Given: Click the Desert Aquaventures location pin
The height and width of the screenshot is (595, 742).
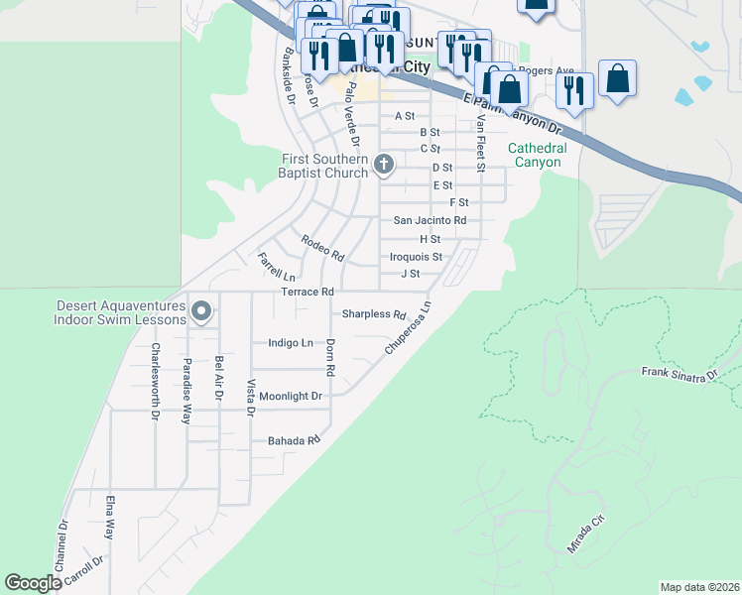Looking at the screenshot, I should point(201,312).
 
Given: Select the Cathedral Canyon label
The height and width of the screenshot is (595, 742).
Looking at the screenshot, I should point(537,155).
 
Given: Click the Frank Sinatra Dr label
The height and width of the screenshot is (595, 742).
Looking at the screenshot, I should point(680,375).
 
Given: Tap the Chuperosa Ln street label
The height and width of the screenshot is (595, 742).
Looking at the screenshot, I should point(409,329).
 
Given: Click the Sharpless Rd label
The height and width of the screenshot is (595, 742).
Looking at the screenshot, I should point(374,314).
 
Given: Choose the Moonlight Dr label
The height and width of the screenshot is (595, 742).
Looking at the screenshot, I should point(291,396).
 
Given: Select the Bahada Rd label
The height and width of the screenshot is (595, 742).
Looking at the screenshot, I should point(294,439).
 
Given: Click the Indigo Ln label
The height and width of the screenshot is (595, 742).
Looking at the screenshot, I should point(291,343).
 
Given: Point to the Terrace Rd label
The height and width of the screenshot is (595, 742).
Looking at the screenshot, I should point(307,292).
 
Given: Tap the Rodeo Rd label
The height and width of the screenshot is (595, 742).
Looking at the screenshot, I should point(322,248).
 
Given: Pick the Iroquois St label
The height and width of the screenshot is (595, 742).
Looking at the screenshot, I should point(416,256).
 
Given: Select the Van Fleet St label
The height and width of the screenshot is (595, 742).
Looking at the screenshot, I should point(479,143).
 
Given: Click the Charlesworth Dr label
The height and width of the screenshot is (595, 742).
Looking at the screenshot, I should point(155,382).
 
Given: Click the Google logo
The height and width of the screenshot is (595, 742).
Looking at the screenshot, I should point(34,583).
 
